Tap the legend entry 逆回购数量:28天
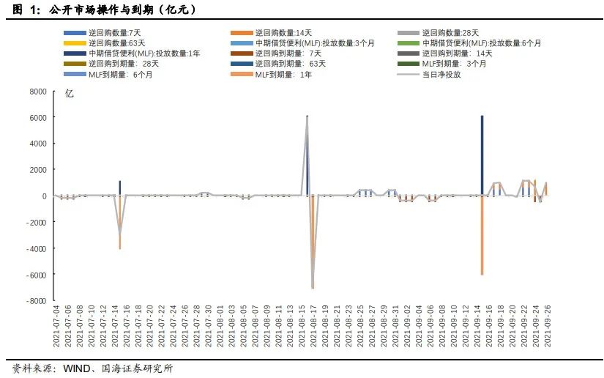coord(450,33)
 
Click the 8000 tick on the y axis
coord(37,92)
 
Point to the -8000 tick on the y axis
coord(35,301)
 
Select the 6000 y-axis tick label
coord(37,118)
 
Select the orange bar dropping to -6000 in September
coord(482,235)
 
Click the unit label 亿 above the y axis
coord(69,94)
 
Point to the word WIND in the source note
coord(75,368)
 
